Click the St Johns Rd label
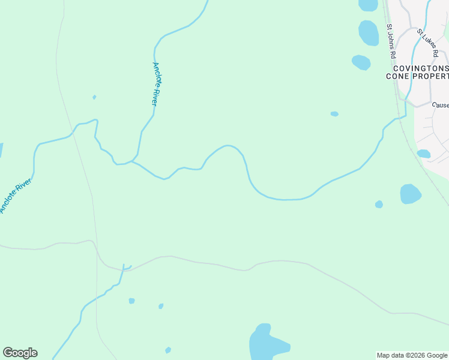[391, 41]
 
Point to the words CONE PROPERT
[417, 76]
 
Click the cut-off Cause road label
[440, 105]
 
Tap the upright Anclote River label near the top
[155, 84]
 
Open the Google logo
[20, 353]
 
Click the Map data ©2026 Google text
[412, 355]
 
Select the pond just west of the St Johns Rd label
[369, 33]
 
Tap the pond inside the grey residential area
[424, 154]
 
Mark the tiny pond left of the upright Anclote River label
[94, 97]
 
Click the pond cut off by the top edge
[368, 5]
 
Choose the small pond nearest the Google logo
[168, 350]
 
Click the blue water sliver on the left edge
[1, 150]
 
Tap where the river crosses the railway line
[399, 118]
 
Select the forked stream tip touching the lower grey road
[125, 266]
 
